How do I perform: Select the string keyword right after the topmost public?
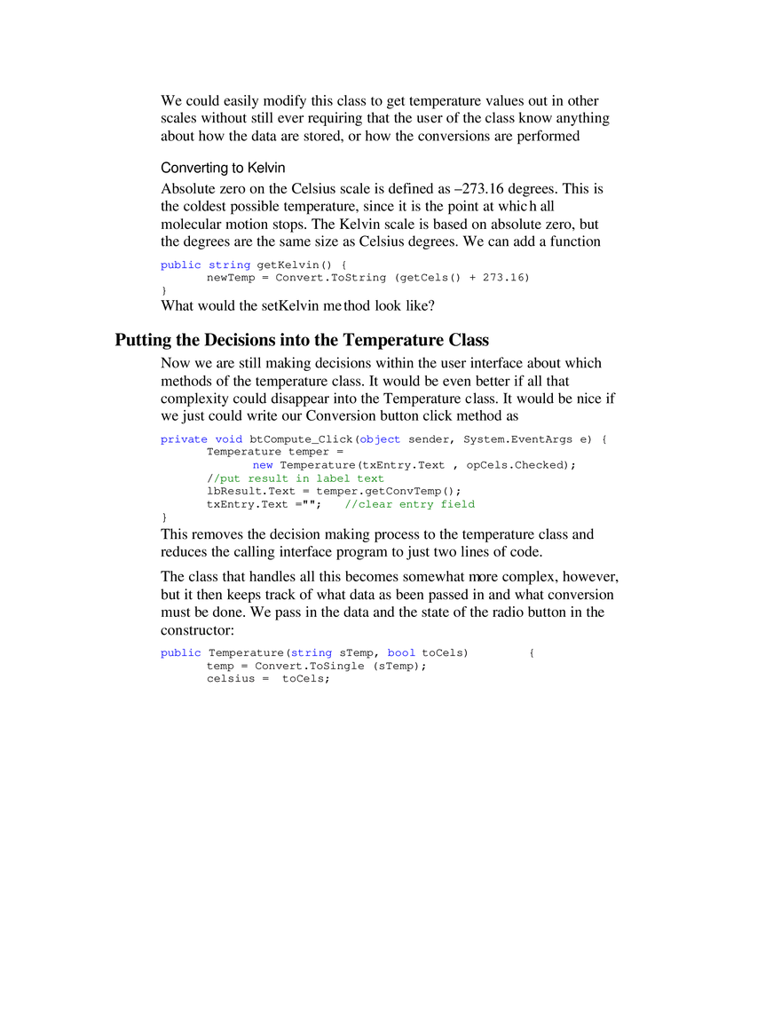[230, 265]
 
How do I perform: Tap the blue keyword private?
[183, 439]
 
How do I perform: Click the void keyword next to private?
[229, 439]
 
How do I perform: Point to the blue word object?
[382, 439]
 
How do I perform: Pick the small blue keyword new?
[263, 464]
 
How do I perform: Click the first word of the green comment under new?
[227, 479]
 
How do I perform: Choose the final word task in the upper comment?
[371, 479]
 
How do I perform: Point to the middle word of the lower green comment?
[414, 504]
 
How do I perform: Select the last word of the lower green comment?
[457, 504]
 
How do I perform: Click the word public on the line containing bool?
[180, 653]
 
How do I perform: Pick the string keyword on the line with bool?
[312, 653]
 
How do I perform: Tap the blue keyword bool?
[400, 653]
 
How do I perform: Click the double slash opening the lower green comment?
[347, 504]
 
